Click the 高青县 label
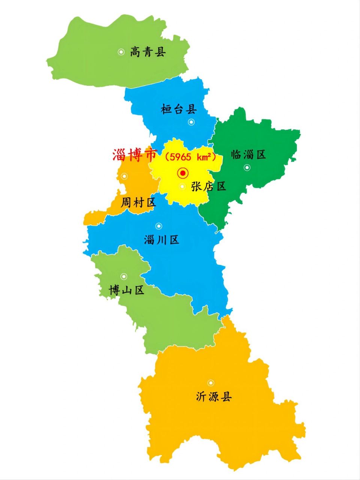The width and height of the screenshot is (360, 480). pyautogui.click(x=148, y=52)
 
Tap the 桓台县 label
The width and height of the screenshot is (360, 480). pyautogui.click(x=179, y=109)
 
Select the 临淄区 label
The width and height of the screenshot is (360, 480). pyautogui.click(x=248, y=154)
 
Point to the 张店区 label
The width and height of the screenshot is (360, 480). pyautogui.click(x=209, y=186)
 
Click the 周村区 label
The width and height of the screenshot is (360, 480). pyautogui.click(x=138, y=203)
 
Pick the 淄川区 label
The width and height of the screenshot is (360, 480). pyautogui.click(x=162, y=240)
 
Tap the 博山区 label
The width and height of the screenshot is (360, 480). pyautogui.click(x=126, y=290)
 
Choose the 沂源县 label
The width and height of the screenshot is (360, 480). pyautogui.click(x=214, y=396)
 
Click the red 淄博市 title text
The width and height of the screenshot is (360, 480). pyautogui.click(x=135, y=156)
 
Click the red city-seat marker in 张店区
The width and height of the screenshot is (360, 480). pyautogui.click(x=183, y=173)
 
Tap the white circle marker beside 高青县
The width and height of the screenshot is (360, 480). pyautogui.click(x=121, y=52)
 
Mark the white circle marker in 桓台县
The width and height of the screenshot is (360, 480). pyautogui.click(x=191, y=122)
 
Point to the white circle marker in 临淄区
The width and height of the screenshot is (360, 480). pyautogui.click(x=247, y=168)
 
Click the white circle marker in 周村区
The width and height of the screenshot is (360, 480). pyautogui.click(x=124, y=176)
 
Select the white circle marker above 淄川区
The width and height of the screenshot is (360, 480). pyautogui.click(x=159, y=226)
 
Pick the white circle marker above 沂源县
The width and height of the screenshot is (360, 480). pyautogui.click(x=211, y=383)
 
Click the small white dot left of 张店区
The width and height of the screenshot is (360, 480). pyautogui.click(x=182, y=186)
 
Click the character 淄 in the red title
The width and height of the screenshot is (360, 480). pyautogui.click(x=119, y=156)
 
